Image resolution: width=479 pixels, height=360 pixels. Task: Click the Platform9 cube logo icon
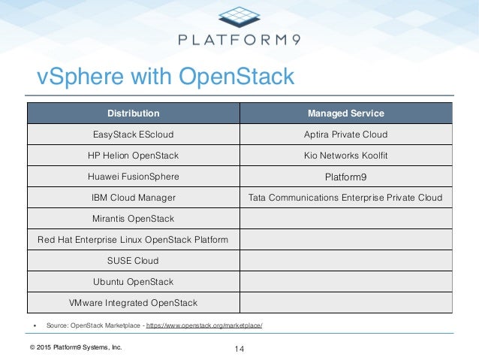(x=239, y=17)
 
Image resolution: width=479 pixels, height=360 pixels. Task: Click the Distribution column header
(x=133, y=113)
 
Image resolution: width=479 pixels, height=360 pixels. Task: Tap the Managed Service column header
(x=346, y=113)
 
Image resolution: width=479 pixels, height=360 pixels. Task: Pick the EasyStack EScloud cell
(x=133, y=135)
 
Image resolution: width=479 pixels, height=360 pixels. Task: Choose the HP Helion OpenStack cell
(x=133, y=156)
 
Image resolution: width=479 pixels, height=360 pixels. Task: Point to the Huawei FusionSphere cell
(x=133, y=177)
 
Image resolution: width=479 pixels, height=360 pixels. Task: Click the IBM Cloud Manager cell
(x=133, y=198)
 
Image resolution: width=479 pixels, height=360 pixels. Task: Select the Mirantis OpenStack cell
(x=133, y=219)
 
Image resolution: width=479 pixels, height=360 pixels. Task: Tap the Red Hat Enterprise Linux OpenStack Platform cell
(x=133, y=240)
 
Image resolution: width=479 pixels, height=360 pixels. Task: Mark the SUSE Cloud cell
(x=133, y=261)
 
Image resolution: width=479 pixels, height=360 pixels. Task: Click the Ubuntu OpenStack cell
(x=133, y=282)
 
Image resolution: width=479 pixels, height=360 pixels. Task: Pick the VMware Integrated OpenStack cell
(x=133, y=303)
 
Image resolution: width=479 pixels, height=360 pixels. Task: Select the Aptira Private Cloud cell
(x=346, y=135)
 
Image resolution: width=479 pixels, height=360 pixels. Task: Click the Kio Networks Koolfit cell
(x=346, y=156)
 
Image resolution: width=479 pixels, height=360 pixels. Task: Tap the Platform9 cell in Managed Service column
(x=346, y=177)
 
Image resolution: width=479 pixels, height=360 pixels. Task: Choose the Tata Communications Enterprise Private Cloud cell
(x=346, y=198)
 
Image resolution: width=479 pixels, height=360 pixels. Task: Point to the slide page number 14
(x=239, y=349)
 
